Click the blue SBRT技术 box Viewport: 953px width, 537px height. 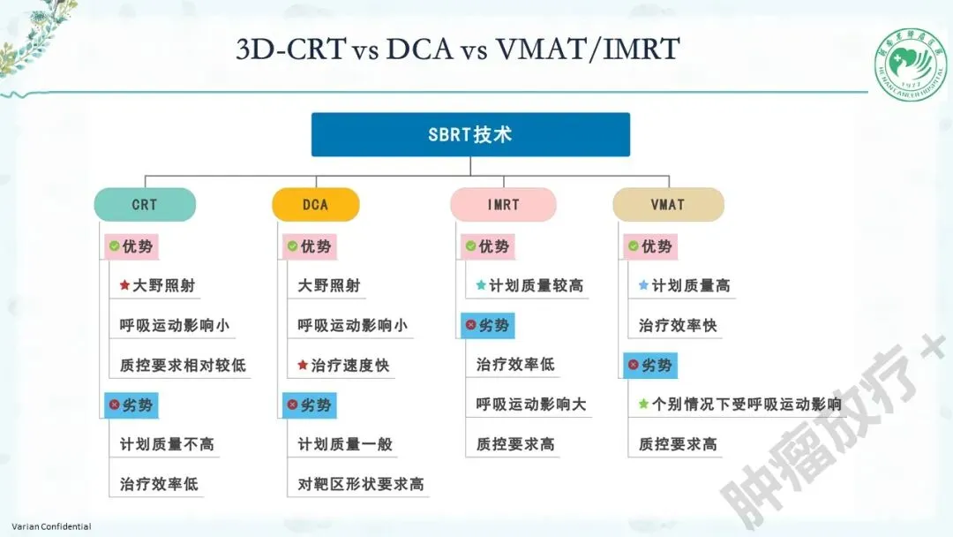coord(469,135)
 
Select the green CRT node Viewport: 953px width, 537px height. coord(145,205)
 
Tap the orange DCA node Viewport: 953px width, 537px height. coord(315,205)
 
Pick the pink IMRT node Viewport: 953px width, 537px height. coord(503,205)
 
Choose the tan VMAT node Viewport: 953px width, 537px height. coord(667,205)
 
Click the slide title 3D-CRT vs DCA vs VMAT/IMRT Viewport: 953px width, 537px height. coord(458,49)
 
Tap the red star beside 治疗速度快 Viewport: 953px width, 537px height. coord(303,365)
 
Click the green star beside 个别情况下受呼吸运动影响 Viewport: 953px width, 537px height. coord(644,405)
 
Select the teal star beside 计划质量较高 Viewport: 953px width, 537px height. coord(481,285)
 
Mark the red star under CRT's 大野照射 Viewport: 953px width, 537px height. coord(125,285)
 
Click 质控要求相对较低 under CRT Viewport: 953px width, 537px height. coord(183,365)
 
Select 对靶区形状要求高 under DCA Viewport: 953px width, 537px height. coord(361,484)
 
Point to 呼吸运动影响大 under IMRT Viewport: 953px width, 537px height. coord(531,405)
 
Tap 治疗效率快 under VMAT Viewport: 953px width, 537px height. coord(678,325)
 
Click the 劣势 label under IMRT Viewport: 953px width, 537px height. coord(487,325)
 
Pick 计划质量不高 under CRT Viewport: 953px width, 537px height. coord(167,444)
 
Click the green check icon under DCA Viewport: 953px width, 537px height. coord(292,246)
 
